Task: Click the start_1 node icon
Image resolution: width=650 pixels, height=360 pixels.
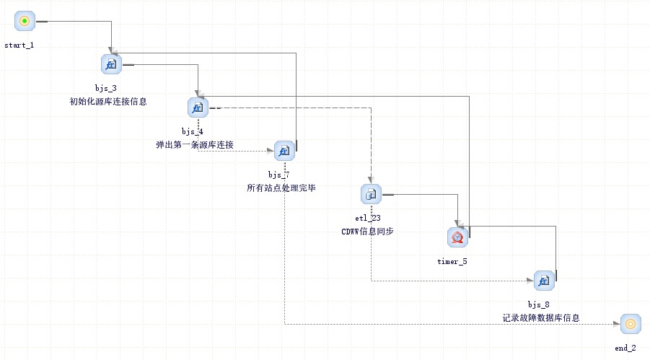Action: pos(25,21)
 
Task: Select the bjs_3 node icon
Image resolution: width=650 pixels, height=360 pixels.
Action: pos(111,64)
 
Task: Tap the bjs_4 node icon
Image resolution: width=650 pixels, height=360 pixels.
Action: pos(198,107)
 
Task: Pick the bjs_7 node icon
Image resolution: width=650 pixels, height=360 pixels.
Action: pos(284,151)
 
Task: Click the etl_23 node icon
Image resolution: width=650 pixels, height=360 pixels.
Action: pos(371,193)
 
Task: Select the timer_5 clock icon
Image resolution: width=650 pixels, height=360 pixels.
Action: pos(457,237)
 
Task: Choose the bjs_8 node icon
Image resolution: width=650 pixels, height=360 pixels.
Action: pos(544,280)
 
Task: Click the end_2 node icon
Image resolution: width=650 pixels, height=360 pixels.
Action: pos(630,323)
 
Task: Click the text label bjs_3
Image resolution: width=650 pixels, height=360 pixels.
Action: pos(106,88)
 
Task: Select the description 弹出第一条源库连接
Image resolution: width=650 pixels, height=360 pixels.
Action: pos(195,145)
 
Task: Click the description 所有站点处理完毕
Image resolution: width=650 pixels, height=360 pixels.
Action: pos(281,188)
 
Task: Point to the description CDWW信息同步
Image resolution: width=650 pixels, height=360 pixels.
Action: pos(367,232)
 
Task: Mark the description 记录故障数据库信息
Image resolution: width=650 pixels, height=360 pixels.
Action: pos(541,317)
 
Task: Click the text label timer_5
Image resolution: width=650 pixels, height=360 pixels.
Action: pos(452,261)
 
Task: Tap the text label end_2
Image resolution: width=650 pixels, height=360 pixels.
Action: pos(625,348)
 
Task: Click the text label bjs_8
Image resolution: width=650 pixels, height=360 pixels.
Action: pos(539,304)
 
